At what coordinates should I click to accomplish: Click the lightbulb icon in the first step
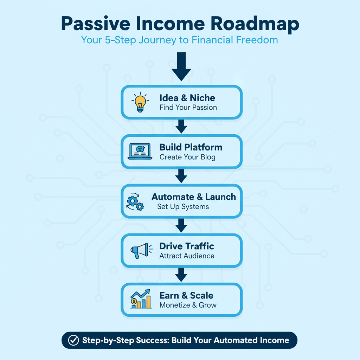tap(140, 102)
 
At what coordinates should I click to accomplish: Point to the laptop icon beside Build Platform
tap(140, 152)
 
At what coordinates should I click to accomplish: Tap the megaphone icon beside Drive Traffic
tap(140, 251)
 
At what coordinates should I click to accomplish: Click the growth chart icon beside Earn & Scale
tap(141, 300)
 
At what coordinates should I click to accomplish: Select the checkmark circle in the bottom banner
tap(73, 340)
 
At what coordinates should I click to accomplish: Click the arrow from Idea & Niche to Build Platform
tap(181, 127)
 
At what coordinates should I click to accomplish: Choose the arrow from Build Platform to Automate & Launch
tap(181, 176)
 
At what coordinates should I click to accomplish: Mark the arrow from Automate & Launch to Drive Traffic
tap(181, 225)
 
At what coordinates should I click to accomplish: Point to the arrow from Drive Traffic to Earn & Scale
tap(181, 275)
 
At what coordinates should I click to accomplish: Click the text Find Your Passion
tap(188, 107)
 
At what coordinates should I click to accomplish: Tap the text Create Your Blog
tap(187, 157)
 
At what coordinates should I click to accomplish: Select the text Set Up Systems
tap(183, 206)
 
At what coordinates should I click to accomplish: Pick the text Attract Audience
tap(187, 256)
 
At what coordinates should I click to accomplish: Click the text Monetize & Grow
tap(188, 305)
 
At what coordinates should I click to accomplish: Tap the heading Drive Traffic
tap(187, 246)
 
